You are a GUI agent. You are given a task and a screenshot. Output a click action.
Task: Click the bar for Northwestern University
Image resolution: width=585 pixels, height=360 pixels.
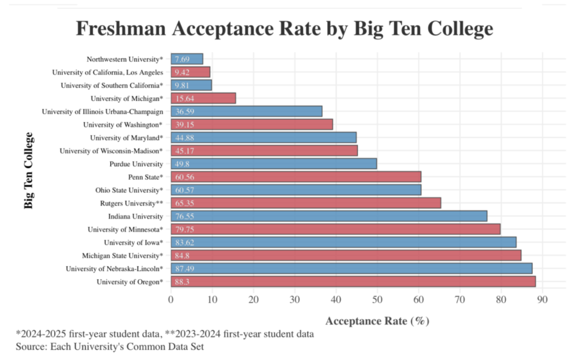[x=187, y=59]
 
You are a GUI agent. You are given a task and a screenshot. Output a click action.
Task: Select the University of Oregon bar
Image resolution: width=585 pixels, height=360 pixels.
[x=353, y=282]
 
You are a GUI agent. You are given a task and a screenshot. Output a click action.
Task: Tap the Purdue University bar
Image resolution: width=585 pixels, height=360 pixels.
[x=274, y=163]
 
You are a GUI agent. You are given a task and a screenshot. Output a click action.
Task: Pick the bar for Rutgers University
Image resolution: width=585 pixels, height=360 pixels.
[x=306, y=203]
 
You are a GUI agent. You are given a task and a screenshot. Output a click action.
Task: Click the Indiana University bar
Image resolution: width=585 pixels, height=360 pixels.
[x=329, y=216]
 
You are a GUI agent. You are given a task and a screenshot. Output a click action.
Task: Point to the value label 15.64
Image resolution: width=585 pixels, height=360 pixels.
[x=185, y=99]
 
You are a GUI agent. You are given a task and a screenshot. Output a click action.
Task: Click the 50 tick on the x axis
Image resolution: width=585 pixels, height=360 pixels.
[x=377, y=298]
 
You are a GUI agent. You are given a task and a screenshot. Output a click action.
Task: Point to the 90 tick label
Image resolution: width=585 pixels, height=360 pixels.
[x=542, y=298]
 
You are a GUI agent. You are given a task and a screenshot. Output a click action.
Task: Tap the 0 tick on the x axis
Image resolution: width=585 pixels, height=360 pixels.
[x=171, y=298]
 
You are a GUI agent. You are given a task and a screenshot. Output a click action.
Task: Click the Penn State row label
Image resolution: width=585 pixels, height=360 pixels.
[x=145, y=177]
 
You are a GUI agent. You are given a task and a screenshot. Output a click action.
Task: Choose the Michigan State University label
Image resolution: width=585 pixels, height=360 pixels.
[x=122, y=256]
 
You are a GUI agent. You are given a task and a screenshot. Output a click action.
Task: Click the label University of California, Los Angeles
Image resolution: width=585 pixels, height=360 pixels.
[x=107, y=72]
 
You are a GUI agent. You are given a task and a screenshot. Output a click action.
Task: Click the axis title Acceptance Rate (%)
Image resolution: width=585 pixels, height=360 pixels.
[x=377, y=321]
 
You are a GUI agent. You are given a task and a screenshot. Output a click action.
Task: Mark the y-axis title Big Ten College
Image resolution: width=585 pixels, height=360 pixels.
[x=29, y=170]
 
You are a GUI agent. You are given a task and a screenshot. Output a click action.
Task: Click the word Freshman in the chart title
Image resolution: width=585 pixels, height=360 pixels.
[x=120, y=28]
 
